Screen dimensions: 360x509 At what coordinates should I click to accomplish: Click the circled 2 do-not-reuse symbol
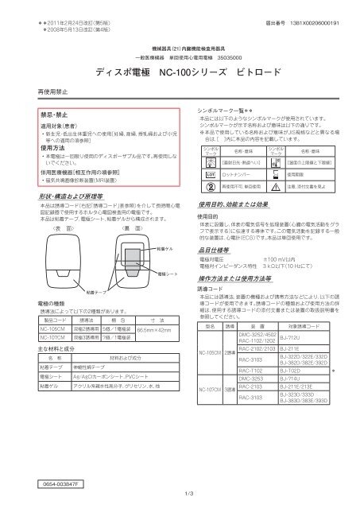[x=210, y=185]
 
